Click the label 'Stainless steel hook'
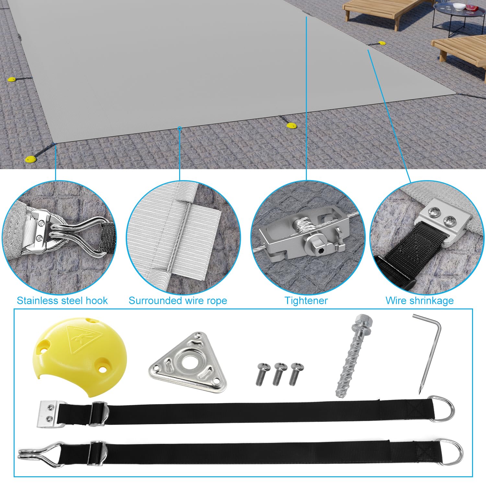pyautogui.click(x=62, y=301)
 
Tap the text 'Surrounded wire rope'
pyautogui.click(x=178, y=301)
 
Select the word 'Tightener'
pyautogui.click(x=306, y=301)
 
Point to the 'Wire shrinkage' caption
pyautogui.click(x=420, y=301)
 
